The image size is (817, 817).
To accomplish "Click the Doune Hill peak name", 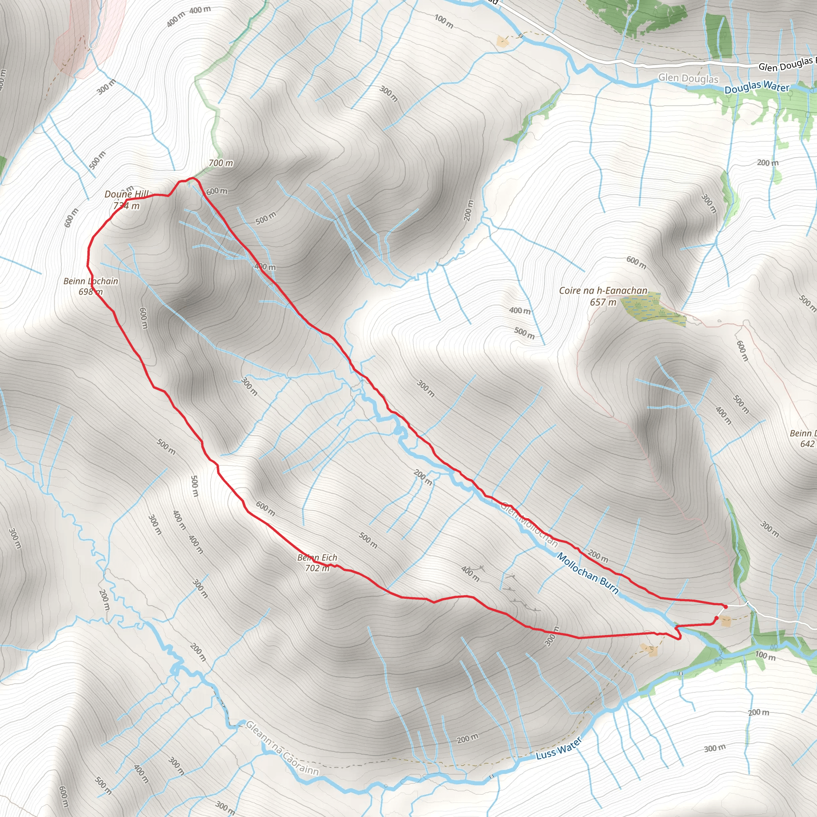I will click(126, 194).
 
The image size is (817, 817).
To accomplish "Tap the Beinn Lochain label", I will click(91, 281).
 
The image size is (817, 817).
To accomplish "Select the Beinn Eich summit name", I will click(317, 557).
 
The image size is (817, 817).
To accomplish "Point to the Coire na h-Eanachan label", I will click(603, 290).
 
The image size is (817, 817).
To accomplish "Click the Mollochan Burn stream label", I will click(588, 574).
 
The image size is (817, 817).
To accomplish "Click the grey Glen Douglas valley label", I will click(688, 78).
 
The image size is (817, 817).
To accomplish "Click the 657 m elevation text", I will click(603, 302).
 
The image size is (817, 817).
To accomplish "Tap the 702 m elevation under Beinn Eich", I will click(317, 568).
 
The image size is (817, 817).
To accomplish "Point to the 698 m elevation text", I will click(91, 292).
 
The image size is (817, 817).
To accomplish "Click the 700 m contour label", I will click(221, 163).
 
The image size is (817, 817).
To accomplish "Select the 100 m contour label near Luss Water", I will click(766, 656).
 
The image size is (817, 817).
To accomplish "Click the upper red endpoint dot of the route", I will click(726, 607).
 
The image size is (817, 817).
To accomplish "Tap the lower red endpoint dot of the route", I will click(716, 618).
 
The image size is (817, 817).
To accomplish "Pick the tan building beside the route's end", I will click(726, 621).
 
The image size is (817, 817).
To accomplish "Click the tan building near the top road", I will click(502, 41).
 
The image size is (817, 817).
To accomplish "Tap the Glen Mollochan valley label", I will click(529, 524).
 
